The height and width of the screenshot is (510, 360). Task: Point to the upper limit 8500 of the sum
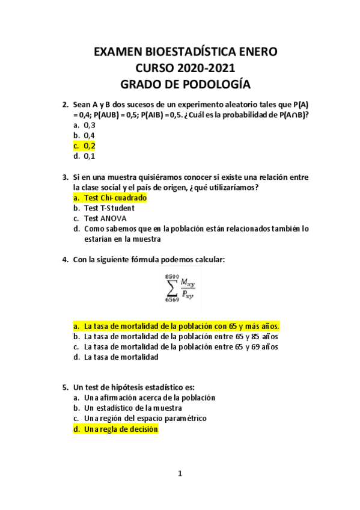click(171, 275)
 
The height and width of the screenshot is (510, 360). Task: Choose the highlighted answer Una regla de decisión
click(121, 429)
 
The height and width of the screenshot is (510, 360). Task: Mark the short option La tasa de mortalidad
click(121, 357)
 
